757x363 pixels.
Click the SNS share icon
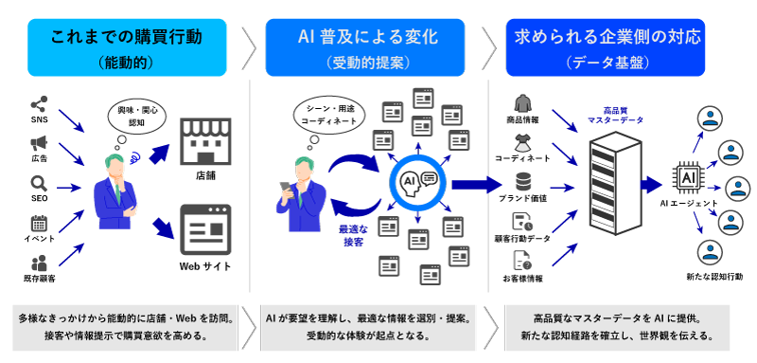click(x=39, y=104)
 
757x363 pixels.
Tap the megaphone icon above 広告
click(x=39, y=143)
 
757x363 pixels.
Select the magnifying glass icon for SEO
click(x=39, y=183)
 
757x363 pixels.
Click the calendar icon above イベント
click(x=39, y=223)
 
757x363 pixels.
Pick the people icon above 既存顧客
click(x=39, y=263)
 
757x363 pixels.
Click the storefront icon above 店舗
click(x=205, y=141)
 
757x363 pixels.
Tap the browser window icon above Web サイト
click(x=205, y=229)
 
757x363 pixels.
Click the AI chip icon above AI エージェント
click(x=687, y=179)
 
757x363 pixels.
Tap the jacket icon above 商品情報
click(x=523, y=103)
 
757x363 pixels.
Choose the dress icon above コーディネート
click(x=523, y=143)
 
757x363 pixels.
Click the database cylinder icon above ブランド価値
click(x=523, y=182)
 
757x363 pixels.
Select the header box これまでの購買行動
click(x=127, y=47)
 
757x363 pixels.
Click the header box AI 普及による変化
click(x=365, y=47)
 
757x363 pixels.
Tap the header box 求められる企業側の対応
click(x=606, y=47)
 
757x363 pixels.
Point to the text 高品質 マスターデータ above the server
click(x=615, y=116)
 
